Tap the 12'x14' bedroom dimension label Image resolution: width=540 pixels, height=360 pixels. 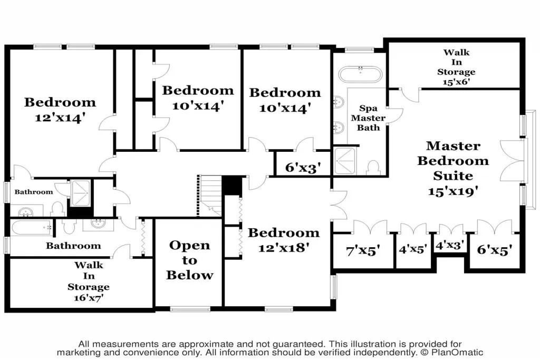click(x=60, y=118)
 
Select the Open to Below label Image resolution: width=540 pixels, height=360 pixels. click(x=189, y=260)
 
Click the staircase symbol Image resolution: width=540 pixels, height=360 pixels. click(x=209, y=196)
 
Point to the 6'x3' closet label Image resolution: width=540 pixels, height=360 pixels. click(x=303, y=168)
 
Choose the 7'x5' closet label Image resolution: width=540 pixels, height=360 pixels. click(x=363, y=250)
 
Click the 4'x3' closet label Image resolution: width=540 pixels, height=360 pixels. click(x=450, y=245)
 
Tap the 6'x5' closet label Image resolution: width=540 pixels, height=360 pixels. click(x=495, y=249)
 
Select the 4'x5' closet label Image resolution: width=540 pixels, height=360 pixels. click(x=413, y=249)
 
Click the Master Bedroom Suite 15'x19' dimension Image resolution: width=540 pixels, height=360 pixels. click(x=453, y=191)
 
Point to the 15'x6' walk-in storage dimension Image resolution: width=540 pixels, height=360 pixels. click(x=456, y=82)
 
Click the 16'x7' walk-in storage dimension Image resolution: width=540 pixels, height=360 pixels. click(x=89, y=298)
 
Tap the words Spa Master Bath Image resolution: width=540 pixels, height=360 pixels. click(x=368, y=118)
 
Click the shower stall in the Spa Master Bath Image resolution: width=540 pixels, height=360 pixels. click(x=345, y=161)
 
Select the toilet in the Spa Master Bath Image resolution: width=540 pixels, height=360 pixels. click(x=373, y=168)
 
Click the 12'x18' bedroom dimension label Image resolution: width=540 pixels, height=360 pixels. click(x=284, y=247)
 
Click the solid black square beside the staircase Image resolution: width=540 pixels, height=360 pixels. click(x=232, y=186)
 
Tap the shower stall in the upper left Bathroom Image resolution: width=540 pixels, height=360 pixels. click(x=81, y=193)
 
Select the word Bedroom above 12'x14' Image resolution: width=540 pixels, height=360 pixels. click(x=60, y=102)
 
